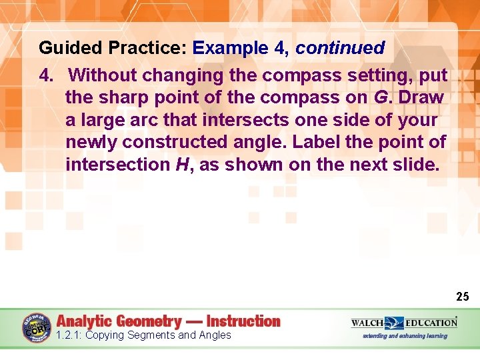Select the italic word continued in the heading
[340, 48]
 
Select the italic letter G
[381, 97]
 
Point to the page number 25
[463, 296]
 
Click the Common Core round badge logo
[37, 327]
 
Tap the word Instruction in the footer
[243, 321]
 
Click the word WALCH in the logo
[367, 323]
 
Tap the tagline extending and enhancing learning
[405, 335]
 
